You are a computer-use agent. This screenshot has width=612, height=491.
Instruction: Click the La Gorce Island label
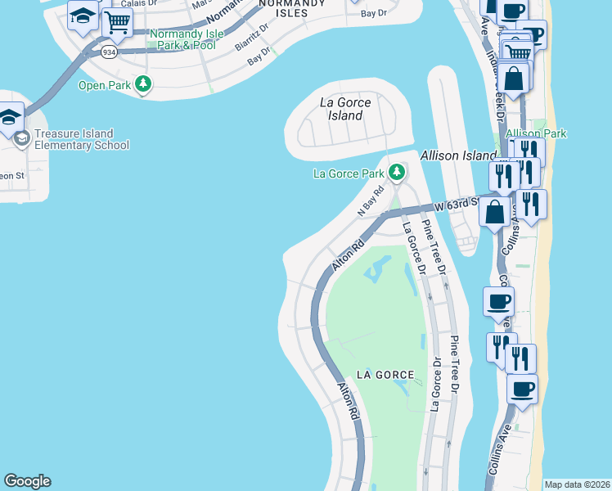(x=345, y=109)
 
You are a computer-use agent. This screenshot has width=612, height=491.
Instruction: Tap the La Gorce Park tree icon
(x=397, y=173)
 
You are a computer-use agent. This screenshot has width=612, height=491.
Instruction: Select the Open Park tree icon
(x=144, y=83)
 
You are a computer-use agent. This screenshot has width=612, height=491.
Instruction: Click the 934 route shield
(x=109, y=52)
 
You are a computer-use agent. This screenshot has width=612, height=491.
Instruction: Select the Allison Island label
(x=457, y=155)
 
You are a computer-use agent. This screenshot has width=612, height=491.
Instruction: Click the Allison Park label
(x=536, y=133)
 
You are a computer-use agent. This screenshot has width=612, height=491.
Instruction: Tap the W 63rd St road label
(x=455, y=205)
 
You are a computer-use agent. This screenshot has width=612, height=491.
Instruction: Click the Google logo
(x=27, y=481)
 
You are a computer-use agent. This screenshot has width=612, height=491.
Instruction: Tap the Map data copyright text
(x=578, y=484)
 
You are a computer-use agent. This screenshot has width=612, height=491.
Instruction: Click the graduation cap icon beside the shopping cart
(x=83, y=16)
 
